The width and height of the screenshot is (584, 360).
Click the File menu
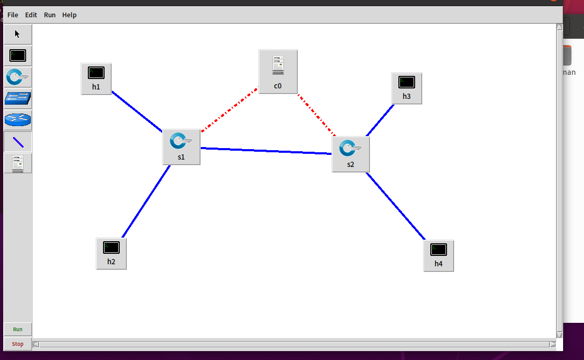pos(13,15)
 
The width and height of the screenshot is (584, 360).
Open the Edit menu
pos(31,15)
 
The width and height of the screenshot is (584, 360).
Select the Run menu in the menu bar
pos(50,15)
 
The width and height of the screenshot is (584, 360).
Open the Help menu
pos(69,15)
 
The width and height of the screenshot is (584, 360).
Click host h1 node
pos(96,78)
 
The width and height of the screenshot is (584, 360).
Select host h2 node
pos(111,253)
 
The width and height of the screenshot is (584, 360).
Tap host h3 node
pos(406,88)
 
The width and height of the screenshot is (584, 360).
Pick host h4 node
pos(438,255)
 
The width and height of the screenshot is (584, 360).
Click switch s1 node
pos(181,147)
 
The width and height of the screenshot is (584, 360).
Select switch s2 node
pos(350,154)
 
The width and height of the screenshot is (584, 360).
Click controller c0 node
pos(278,71)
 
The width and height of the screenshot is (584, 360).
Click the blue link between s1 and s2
pos(266,151)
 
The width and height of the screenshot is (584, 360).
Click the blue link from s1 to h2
pos(146,201)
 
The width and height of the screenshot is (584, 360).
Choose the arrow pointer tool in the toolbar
pos(18,34)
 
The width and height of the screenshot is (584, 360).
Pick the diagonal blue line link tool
pos(18,141)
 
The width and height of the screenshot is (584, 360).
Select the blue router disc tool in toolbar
pos(18,120)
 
